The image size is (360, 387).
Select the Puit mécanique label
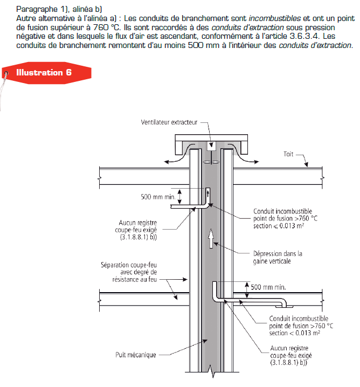(136, 355)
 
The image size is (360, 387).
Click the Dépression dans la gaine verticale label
(278, 257)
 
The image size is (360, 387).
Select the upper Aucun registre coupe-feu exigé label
(138, 230)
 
